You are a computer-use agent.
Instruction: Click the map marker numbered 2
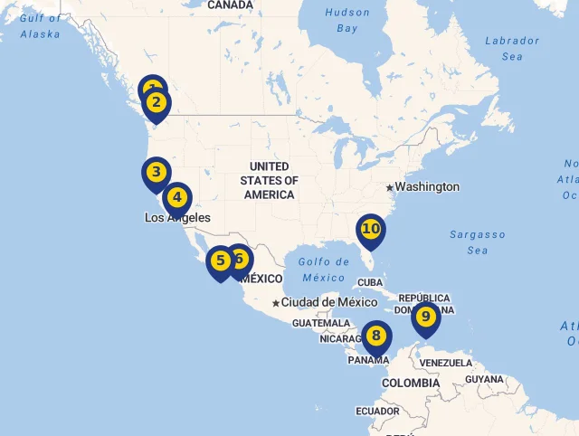[157, 102]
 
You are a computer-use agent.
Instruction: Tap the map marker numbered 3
[156, 172]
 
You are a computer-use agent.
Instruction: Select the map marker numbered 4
[177, 196]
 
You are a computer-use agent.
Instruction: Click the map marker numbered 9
[425, 317]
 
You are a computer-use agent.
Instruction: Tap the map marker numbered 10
[371, 229]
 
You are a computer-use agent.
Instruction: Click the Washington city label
[427, 187]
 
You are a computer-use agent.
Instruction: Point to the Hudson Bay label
[347, 20]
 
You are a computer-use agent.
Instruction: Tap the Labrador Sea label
[512, 48]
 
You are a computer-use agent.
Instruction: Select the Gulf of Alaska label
[42, 25]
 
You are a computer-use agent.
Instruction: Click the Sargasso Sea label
[478, 242]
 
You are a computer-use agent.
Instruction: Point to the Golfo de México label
[323, 270]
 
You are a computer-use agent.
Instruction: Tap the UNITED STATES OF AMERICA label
[270, 180]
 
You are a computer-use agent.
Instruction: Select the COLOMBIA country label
[410, 384]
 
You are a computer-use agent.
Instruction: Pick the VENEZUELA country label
[447, 363]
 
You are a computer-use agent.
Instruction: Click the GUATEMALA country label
[320, 323]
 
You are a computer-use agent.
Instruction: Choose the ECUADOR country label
[377, 412]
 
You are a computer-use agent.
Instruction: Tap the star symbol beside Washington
[390, 187]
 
